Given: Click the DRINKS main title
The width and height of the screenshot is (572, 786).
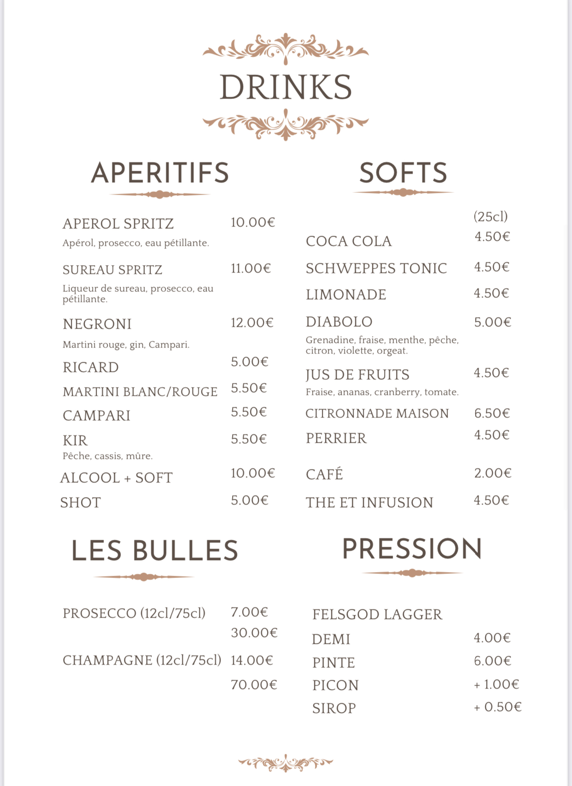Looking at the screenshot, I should pos(286,87).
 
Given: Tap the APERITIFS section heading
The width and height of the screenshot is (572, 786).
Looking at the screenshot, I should pos(160,173).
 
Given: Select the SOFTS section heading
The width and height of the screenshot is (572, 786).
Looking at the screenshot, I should pos(403,173).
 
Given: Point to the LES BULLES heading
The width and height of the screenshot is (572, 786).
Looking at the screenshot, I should pos(155,551).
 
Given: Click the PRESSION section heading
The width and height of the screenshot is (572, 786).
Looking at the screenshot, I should pos(412,549).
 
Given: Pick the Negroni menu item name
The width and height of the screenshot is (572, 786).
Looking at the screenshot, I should pos(97,324).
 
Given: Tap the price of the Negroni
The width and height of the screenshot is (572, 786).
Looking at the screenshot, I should pos(252,323).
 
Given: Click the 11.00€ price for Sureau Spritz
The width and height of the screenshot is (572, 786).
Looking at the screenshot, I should pos(251,268).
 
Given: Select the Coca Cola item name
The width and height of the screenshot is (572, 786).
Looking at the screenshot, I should pos(349,241).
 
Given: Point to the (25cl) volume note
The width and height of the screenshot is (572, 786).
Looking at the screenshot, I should pos(490,216).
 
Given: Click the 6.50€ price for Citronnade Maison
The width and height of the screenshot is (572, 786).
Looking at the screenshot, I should pos(492,413).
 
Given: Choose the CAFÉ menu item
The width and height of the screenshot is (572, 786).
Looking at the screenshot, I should pos(324,474).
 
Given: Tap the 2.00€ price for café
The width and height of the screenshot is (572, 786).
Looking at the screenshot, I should pos(493,473).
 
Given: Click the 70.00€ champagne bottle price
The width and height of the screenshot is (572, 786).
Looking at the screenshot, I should pos(254,685).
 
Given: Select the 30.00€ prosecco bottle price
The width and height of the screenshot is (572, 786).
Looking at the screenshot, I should pos(254,633).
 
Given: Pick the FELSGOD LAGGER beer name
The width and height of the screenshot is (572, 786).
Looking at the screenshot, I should pos(377,614).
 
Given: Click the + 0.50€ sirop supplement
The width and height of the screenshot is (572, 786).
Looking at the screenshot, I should pos(497,707).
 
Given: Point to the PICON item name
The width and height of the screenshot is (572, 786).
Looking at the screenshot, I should pos(335,685).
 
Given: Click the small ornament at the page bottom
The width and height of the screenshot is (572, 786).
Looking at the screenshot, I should pos(286,763).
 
